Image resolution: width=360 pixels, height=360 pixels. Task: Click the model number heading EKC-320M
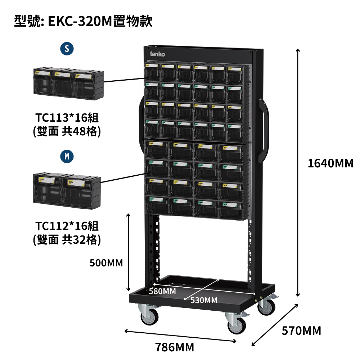click(83, 21)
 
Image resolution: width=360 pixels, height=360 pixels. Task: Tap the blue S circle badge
click(67, 49)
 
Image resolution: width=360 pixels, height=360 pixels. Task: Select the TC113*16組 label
click(67, 118)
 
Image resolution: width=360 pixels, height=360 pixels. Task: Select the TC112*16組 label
click(67, 226)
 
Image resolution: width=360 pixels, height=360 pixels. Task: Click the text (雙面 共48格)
click(67, 132)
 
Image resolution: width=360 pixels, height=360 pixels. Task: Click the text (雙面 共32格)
click(67, 239)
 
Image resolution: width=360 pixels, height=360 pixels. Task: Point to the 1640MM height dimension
click(330, 163)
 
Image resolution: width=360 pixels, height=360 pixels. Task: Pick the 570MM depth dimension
click(301, 330)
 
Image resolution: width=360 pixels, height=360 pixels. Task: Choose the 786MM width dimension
click(175, 347)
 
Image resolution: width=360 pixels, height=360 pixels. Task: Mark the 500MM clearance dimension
click(106, 263)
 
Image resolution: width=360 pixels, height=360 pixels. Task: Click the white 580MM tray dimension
click(162, 291)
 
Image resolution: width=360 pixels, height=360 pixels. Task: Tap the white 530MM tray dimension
click(204, 300)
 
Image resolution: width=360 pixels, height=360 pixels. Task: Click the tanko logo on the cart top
click(157, 54)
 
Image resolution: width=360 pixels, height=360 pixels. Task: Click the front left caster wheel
click(148, 315)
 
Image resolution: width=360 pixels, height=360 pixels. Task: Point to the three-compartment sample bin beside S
click(68, 82)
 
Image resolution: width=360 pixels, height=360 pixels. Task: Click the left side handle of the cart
click(140, 130)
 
